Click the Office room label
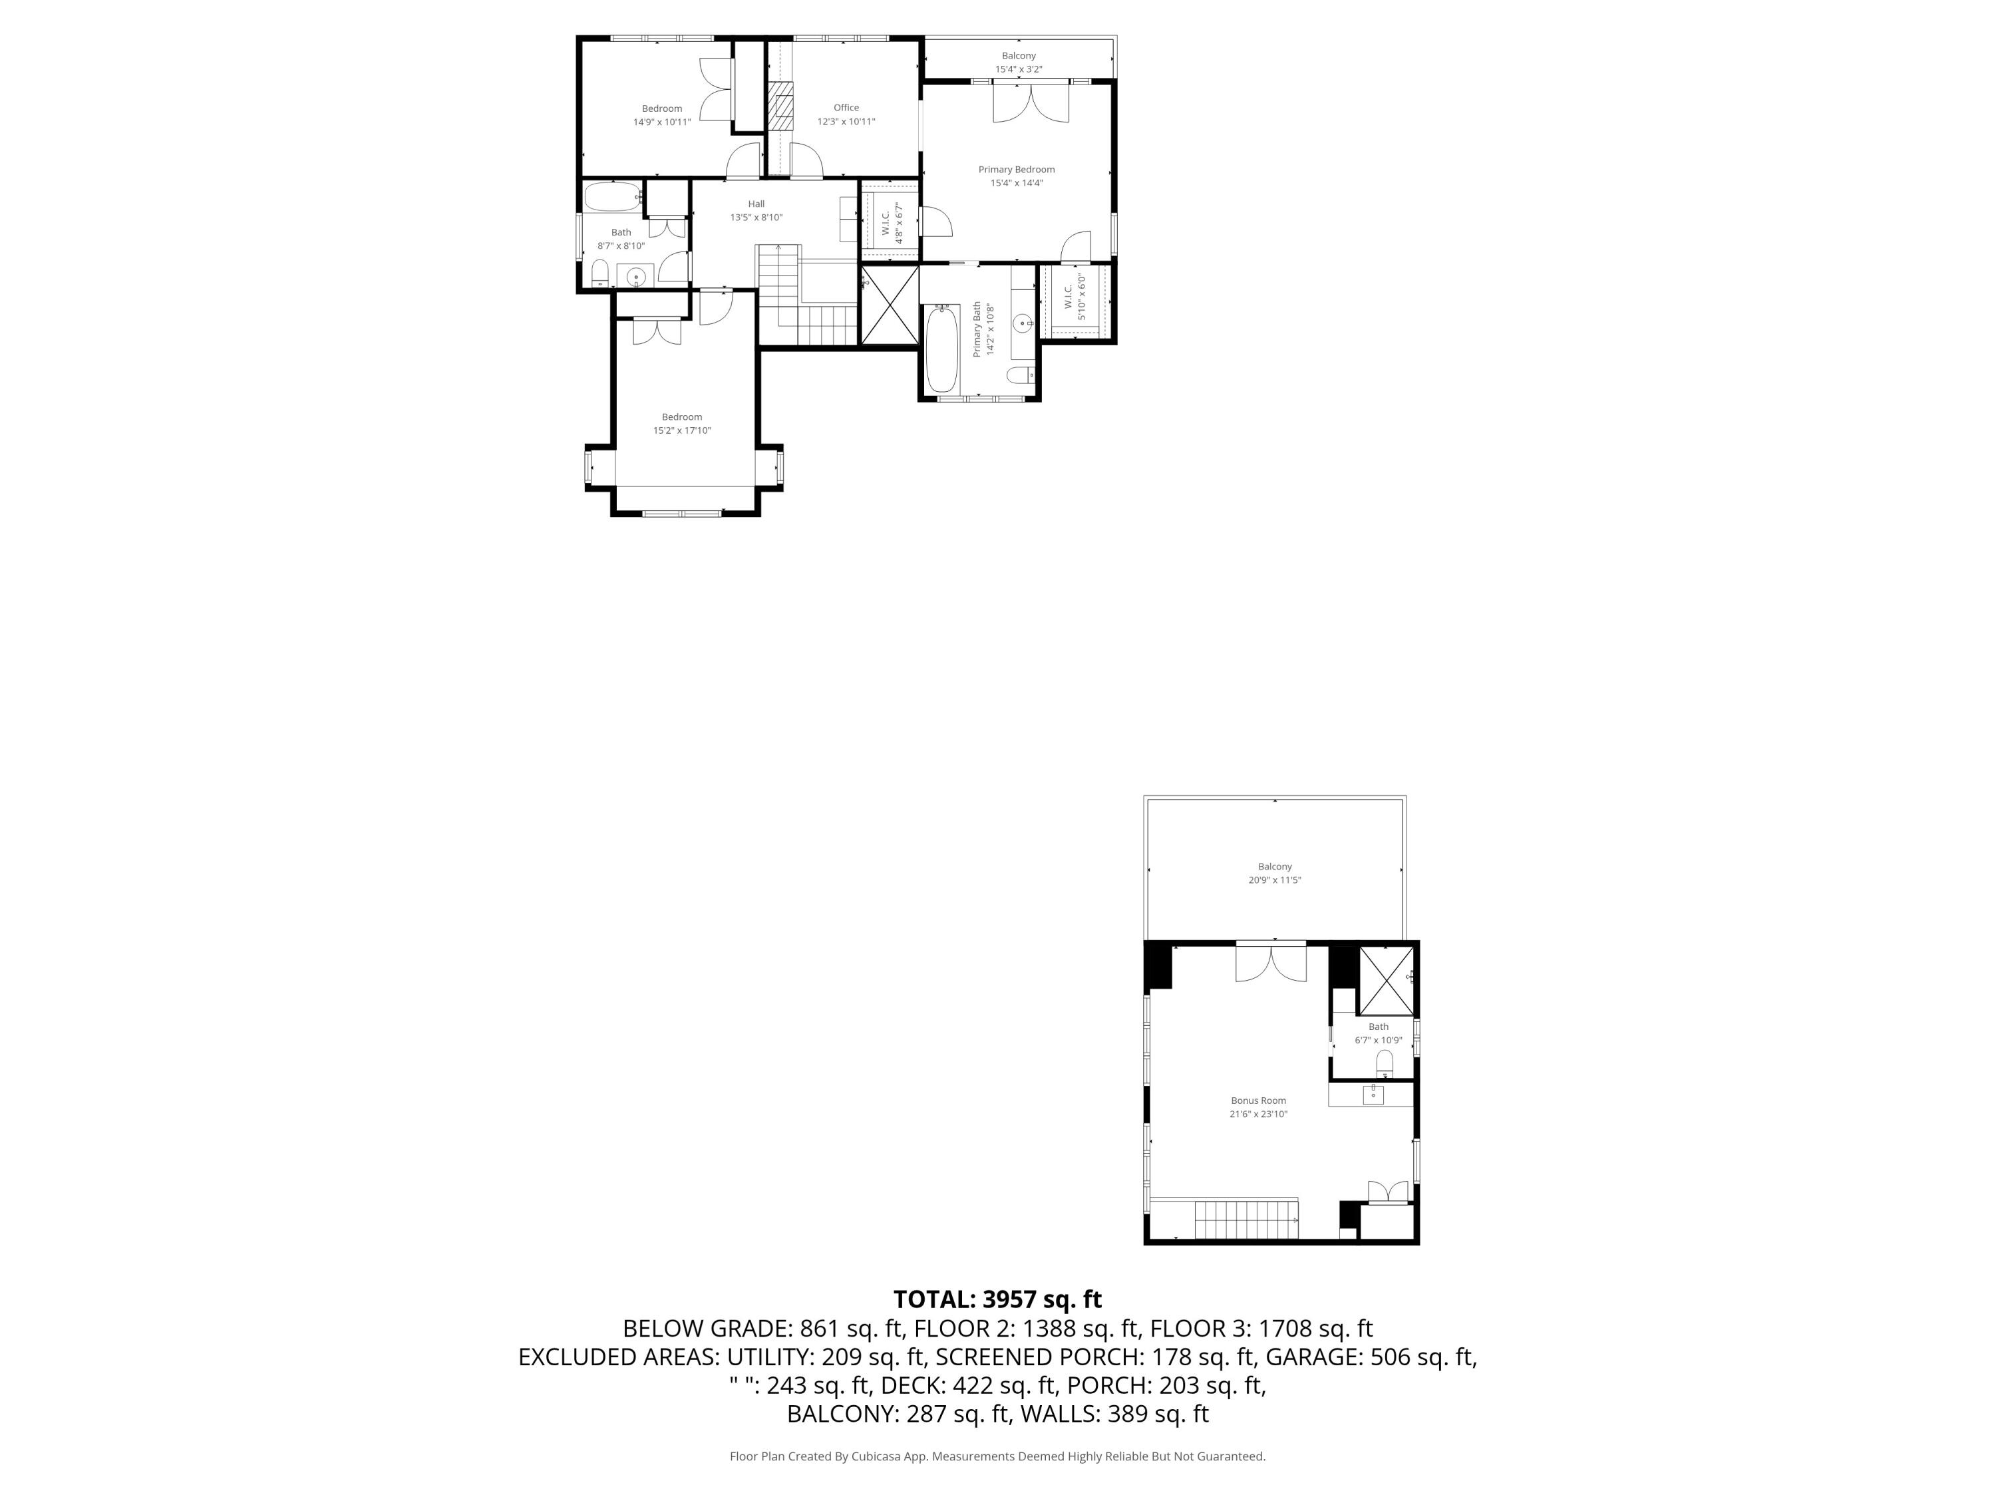coord(846,107)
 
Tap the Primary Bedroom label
coord(1016,170)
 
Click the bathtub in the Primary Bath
coord(941,349)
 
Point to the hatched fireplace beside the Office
coord(780,106)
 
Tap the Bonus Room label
coord(1258,1101)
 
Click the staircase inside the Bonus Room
coord(1246,1220)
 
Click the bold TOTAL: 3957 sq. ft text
coord(997,1299)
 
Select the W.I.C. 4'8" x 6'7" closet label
coord(892,223)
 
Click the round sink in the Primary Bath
coord(1023,321)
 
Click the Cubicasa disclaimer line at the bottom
coord(997,1456)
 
